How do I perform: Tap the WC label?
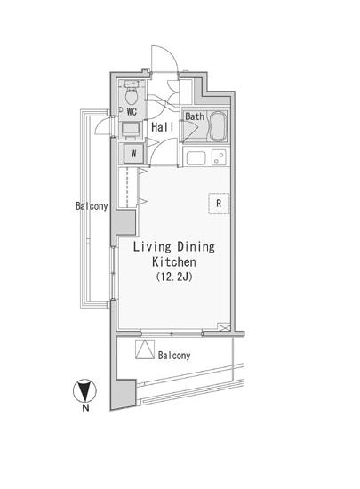coord(132,112)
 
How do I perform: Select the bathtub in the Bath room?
coord(218,125)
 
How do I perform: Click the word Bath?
coord(195,116)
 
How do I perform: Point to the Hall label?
coord(163,127)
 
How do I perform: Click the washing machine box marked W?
coord(133,153)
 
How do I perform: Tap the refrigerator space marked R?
coord(219,204)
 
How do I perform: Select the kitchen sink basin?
coord(196,157)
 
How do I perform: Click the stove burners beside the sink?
coord(219,157)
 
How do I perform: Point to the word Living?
coord(152,247)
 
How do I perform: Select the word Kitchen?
coord(174,261)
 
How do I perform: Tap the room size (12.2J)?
coord(174,277)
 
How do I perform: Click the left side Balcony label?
coord(92,206)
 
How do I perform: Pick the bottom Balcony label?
coord(174,356)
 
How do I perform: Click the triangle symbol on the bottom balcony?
coord(145,349)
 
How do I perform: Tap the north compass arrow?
coord(84,390)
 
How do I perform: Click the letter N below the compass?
coord(85,408)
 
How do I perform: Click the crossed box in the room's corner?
coord(224,327)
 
